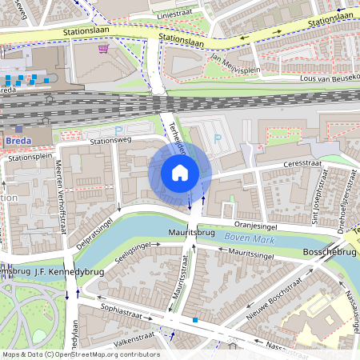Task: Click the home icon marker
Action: [180, 173]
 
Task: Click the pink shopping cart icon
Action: [102, 48]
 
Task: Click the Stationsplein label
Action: [29, 158]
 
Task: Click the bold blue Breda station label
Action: [18, 141]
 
